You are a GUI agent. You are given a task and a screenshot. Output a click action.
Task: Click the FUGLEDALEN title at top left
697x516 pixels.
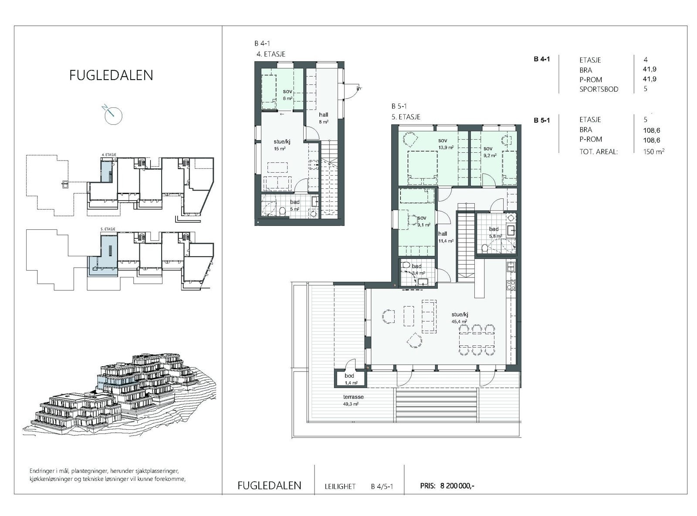point(111,75)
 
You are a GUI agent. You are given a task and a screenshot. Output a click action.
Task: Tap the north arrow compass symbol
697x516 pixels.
point(113,115)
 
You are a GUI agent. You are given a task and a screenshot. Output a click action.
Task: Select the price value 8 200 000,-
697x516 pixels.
point(457,486)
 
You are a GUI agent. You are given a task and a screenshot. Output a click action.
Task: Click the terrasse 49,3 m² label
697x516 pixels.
point(353,400)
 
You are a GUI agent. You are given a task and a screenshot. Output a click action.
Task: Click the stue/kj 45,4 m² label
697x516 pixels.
point(459,318)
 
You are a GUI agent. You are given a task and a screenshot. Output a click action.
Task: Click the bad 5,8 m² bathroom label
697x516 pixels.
point(494,232)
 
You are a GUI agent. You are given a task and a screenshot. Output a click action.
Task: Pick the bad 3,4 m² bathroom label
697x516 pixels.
point(416,269)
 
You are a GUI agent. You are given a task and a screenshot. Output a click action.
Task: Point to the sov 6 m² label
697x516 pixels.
point(287,94)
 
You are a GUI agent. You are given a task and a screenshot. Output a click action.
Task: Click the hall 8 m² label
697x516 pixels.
point(323,118)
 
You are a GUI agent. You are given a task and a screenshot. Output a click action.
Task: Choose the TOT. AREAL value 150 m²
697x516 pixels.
point(653,151)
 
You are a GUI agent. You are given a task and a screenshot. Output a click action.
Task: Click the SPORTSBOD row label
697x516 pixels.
point(599,89)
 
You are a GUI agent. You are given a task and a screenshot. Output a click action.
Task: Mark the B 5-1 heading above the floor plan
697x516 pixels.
point(399,106)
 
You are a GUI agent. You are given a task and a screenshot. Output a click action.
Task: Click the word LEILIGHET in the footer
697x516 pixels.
point(340,486)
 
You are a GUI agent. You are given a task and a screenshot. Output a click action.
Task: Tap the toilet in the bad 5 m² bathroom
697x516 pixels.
point(283,211)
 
